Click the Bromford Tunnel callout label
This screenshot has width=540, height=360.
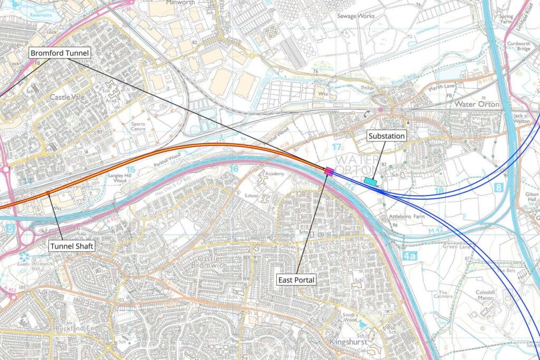60,53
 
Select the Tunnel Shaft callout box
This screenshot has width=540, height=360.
72,246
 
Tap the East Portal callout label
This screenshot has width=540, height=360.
296,280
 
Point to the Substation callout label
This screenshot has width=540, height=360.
387,136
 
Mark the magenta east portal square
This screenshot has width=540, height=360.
329,170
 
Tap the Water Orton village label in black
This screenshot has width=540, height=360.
477,104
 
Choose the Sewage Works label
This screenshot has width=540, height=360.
356,16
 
